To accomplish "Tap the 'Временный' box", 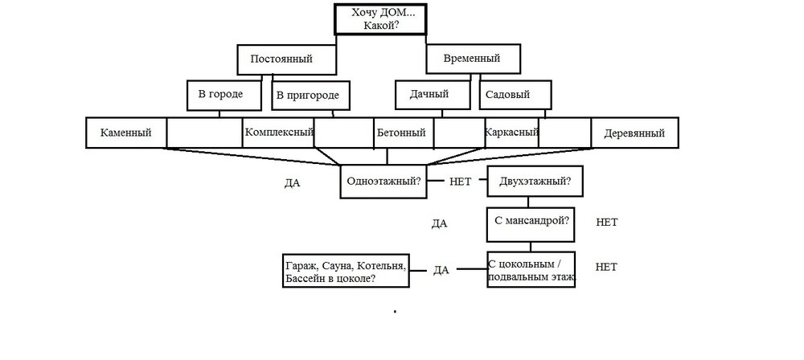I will [x=474, y=59].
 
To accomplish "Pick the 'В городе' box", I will [x=225, y=95].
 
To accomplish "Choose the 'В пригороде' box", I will [x=310, y=96].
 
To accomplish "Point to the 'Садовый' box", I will [x=515, y=95].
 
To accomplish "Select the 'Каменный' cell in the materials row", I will [x=126, y=133].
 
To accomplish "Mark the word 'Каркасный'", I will [x=511, y=132].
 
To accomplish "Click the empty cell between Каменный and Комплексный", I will [x=204, y=133].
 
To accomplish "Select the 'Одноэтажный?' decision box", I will [x=384, y=180].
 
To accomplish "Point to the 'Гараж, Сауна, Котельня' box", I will [x=344, y=271].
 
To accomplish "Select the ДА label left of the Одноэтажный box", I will [x=292, y=182].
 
